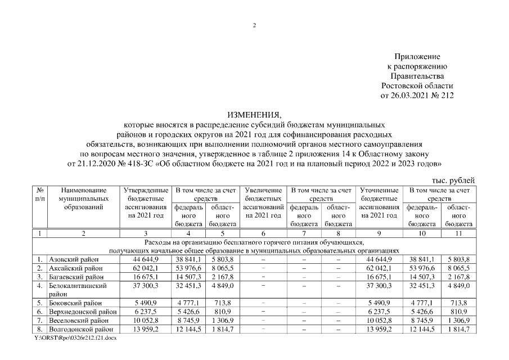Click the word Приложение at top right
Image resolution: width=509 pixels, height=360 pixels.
pyautogui.click(x=417, y=57)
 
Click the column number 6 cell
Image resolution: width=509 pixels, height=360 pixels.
pyautogui.click(x=264, y=233)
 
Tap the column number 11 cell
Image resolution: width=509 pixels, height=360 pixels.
pyautogui.click(x=460, y=233)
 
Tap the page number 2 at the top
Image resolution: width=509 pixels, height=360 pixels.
pyautogui.click(x=254, y=26)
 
